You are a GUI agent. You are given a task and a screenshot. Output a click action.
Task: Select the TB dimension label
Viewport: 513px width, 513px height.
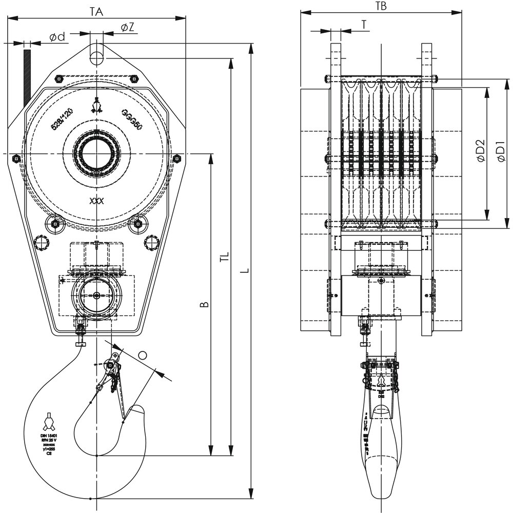381,6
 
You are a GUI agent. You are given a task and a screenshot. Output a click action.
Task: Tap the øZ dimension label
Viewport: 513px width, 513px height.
128,27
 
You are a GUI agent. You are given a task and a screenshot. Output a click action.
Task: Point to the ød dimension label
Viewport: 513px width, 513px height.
57,37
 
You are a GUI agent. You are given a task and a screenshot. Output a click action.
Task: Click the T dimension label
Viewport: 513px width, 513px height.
364,24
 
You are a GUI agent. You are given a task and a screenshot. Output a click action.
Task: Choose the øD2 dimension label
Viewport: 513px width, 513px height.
481,151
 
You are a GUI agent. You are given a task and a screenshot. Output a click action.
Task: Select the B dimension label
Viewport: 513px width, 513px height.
204,305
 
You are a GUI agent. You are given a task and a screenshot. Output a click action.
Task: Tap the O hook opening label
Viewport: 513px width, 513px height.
143,355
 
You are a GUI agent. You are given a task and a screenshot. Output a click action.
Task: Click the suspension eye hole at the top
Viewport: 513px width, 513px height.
96,56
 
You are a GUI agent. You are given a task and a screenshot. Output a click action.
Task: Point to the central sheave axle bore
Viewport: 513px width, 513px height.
96,153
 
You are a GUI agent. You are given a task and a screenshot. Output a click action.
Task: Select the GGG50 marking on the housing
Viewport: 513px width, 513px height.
132,120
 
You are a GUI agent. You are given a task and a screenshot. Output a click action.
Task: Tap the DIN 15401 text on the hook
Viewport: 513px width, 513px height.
49,435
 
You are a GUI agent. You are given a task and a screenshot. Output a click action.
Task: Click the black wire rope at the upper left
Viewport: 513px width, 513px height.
27,77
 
